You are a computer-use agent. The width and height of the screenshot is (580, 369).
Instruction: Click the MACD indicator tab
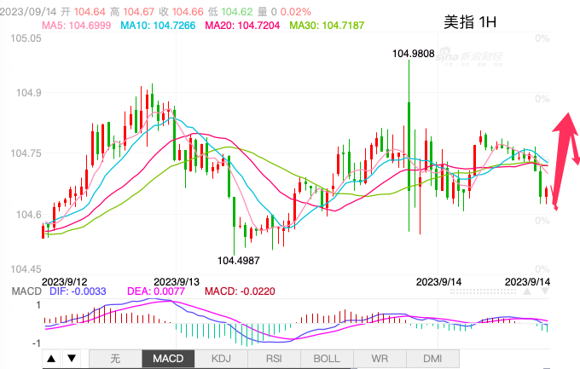[x=168, y=359]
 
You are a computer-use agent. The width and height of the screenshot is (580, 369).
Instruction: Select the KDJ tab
[x=221, y=359]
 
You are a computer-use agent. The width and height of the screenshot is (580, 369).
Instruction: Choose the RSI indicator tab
[x=274, y=359]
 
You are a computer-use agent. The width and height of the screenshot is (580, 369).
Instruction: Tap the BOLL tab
[x=327, y=359]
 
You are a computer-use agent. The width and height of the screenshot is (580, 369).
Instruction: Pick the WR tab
[x=380, y=359]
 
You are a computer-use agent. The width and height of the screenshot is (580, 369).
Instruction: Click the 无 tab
[x=115, y=359]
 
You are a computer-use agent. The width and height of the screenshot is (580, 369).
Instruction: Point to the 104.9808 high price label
[x=413, y=54]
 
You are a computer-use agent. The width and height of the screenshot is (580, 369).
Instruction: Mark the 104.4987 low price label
[x=238, y=260]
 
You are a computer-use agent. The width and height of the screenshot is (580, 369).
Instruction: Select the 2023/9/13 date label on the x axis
[x=176, y=280]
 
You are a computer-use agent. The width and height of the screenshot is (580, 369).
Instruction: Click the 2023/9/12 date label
[x=65, y=280]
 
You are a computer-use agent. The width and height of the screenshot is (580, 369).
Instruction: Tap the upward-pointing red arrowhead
[x=564, y=123]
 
